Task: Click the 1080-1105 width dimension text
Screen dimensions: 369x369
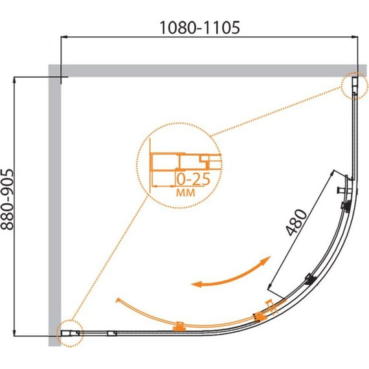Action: tap(200, 28)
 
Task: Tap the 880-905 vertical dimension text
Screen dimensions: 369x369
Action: tap(7, 199)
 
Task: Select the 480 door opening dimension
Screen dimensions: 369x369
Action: tap(296, 222)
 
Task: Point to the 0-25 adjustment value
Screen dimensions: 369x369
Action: tap(193, 179)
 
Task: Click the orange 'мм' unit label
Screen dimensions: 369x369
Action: tap(186, 192)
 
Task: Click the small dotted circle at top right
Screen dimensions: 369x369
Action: tap(354, 85)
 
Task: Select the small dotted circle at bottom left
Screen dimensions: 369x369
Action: tap(70, 333)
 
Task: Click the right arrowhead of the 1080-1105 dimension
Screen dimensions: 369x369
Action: tap(355, 37)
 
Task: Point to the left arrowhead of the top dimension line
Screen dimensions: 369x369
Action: tap(64, 37)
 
